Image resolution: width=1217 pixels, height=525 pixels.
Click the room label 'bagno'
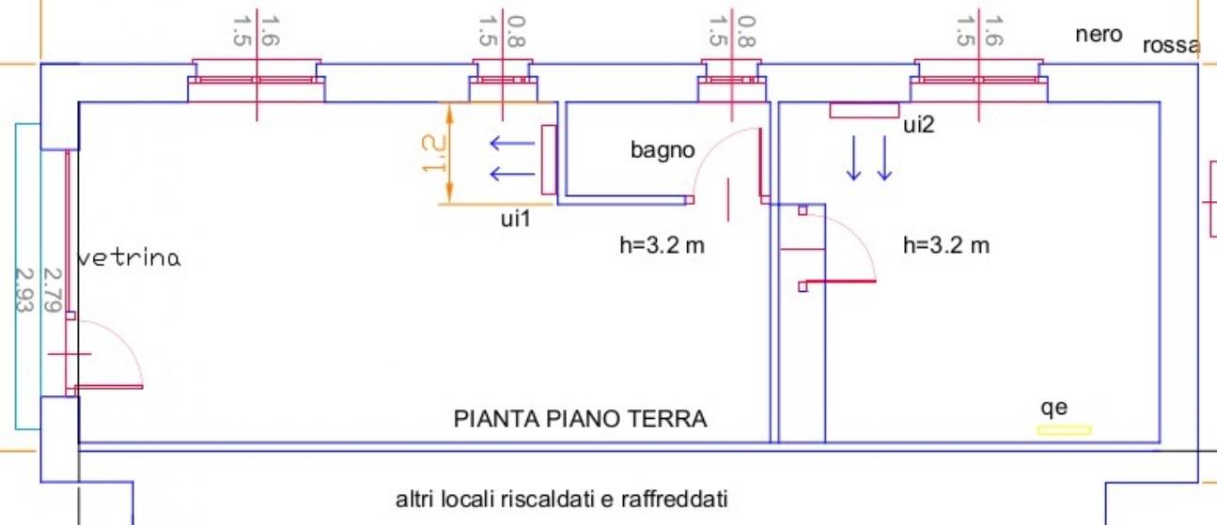point(663,150)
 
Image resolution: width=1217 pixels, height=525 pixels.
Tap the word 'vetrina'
point(128,258)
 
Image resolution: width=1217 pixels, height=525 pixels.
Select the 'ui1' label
point(516,219)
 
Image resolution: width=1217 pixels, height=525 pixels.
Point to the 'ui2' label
point(918,126)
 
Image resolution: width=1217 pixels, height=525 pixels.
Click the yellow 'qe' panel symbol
point(1064,430)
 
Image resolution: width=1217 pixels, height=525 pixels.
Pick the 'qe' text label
point(1054,408)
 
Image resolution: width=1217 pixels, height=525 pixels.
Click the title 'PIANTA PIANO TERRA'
point(580,419)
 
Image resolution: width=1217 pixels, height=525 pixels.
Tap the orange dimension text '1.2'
point(431,153)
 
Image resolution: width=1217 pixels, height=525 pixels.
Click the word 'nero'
point(1099,35)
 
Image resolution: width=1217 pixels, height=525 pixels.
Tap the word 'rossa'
point(1171,46)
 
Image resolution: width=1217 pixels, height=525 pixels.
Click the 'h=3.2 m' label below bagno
point(662,246)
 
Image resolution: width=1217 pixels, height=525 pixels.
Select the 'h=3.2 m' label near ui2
point(945,246)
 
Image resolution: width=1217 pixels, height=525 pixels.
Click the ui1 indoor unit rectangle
point(549,160)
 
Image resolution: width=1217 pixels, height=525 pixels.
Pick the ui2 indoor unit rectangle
point(864,111)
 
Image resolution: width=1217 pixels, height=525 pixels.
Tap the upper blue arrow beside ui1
point(508,144)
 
